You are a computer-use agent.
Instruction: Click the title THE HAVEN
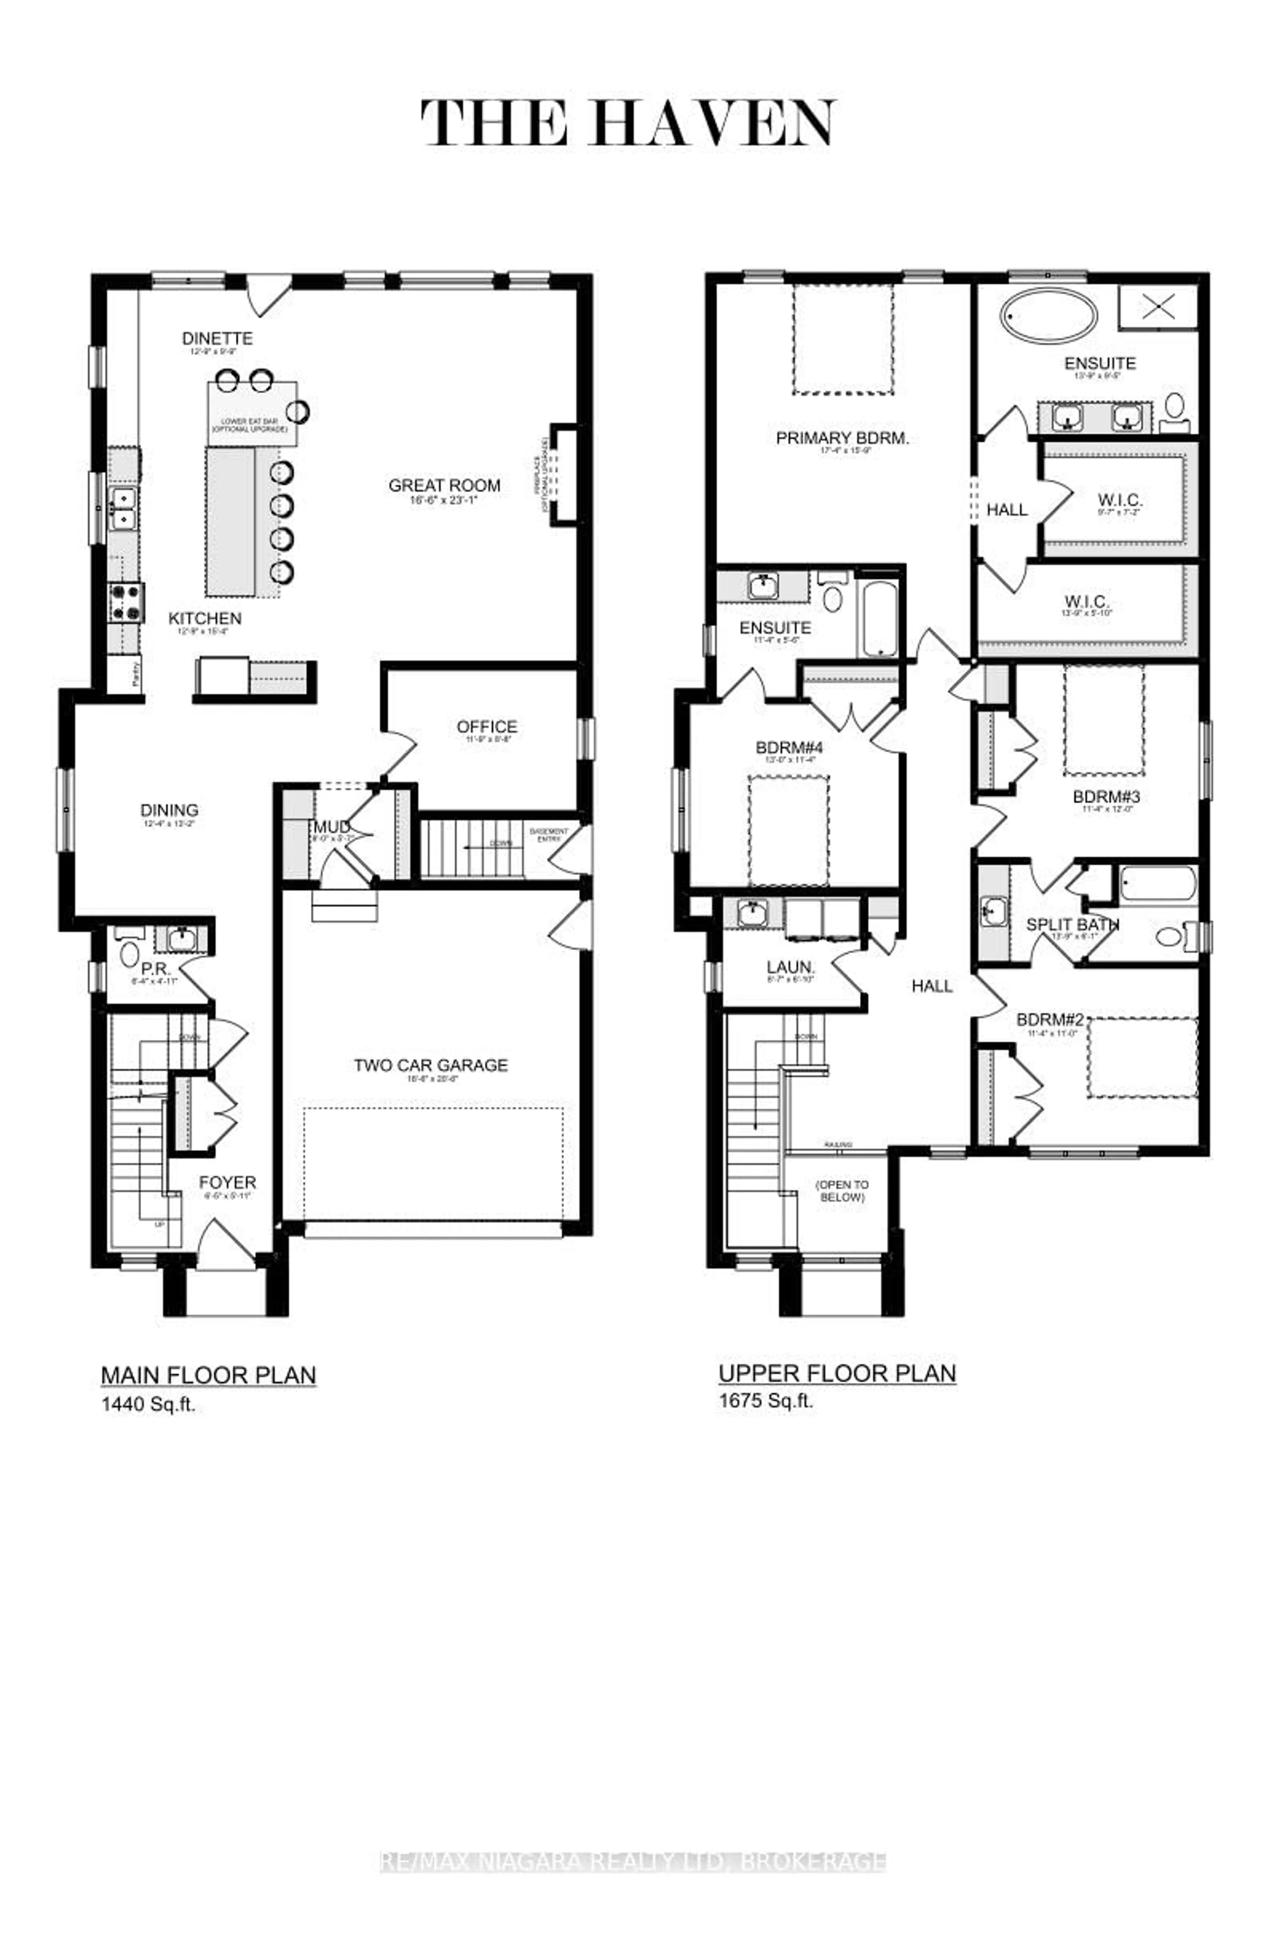click(629, 124)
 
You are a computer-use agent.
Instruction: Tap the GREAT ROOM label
click(444, 486)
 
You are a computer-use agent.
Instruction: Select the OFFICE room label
click(487, 727)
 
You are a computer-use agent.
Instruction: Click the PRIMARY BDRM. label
click(842, 438)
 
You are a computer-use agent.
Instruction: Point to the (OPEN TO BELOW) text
click(841, 1191)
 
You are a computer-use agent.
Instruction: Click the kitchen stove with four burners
click(126, 602)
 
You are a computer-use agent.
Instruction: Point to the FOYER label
click(227, 1182)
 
